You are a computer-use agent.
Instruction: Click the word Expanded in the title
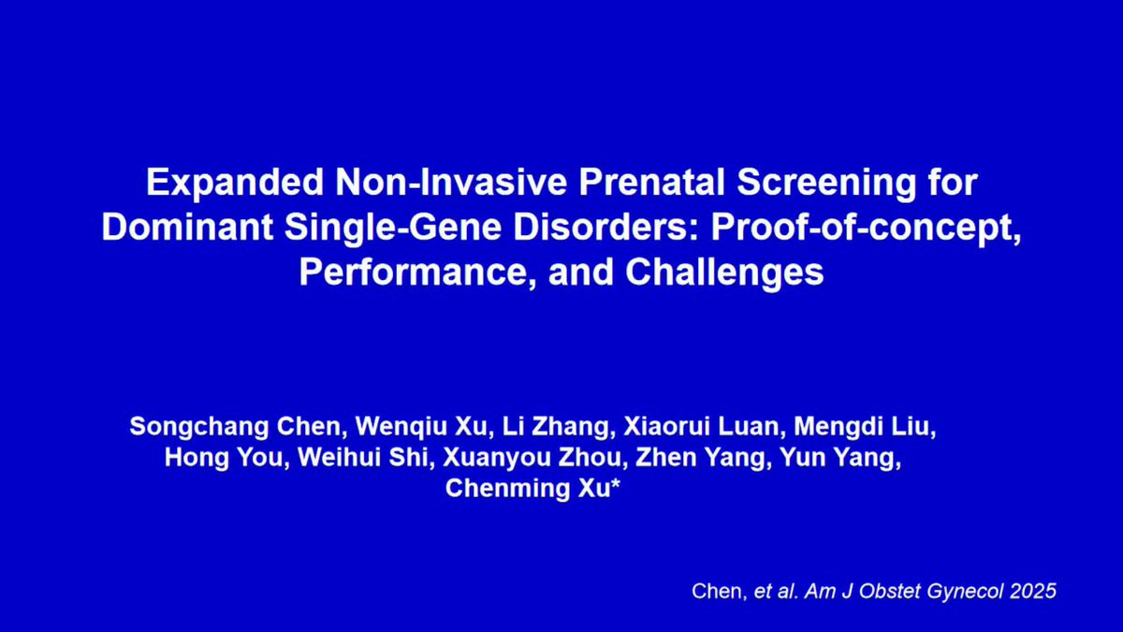pos(235,184)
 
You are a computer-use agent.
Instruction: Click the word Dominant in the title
pos(187,228)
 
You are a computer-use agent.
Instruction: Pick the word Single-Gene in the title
pos(393,229)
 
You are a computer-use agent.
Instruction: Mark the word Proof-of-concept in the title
pos(866,229)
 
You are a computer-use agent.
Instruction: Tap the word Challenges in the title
pos(724,274)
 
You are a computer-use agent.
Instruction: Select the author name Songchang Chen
pos(235,428)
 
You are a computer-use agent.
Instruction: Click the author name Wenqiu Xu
pos(421,428)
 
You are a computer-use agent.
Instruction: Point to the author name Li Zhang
pos(556,428)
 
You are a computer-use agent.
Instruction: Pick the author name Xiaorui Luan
pos(700,426)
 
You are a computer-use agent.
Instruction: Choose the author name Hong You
pos(224,459)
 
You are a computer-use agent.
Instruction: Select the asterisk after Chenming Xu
pos(615,482)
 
